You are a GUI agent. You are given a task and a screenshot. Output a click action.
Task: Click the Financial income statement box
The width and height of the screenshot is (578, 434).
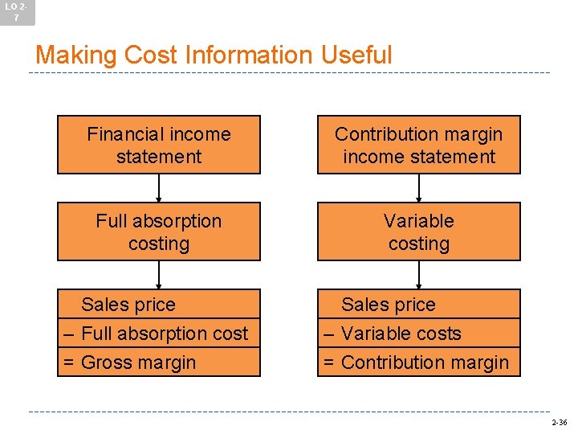pyautogui.click(x=159, y=145)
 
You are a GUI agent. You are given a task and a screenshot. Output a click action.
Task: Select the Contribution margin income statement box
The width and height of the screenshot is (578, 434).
pyautogui.click(x=418, y=145)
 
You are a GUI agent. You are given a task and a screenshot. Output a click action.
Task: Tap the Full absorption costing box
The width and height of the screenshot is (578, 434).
pyautogui.click(x=159, y=231)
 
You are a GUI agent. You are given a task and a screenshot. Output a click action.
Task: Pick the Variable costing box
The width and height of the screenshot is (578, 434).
pyautogui.click(x=418, y=231)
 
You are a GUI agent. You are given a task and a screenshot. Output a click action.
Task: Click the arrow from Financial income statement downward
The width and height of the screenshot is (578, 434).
pyautogui.click(x=159, y=188)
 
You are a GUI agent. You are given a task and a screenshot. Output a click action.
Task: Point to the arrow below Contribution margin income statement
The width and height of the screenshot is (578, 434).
pyautogui.click(x=418, y=188)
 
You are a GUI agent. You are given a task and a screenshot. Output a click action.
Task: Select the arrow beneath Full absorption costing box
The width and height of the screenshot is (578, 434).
pyautogui.click(x=159, y=275)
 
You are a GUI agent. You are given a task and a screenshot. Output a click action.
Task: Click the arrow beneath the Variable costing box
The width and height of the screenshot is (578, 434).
pyautogui.click(x=418, y=275)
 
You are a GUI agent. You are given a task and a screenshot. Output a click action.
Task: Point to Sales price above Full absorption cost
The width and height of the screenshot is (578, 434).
pyautogui.click(x=128, y=305)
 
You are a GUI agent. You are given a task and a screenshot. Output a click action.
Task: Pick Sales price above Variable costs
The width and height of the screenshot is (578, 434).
pyautogui.click(x=388, y=305)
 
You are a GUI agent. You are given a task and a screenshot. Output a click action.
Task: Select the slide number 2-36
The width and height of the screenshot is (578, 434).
pyautogui.click(x=559, y=422)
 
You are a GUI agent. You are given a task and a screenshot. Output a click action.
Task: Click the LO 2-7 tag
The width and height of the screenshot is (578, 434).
pyautogui.click(x=17, y=12)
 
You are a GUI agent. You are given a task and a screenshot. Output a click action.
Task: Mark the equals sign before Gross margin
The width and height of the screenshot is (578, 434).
pyautogui.click(x=69, y=363)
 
